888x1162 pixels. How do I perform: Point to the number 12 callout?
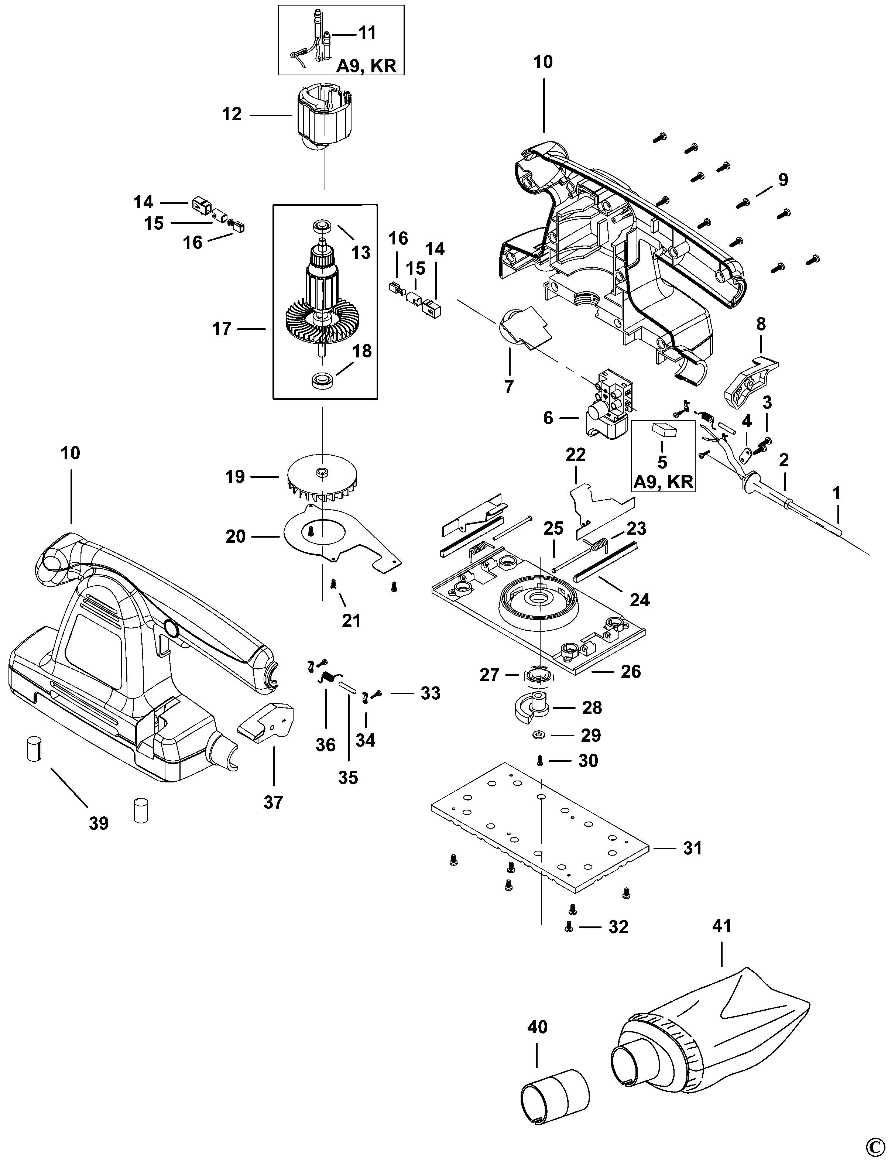point(232,114)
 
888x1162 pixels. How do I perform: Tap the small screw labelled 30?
point(540,761)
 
